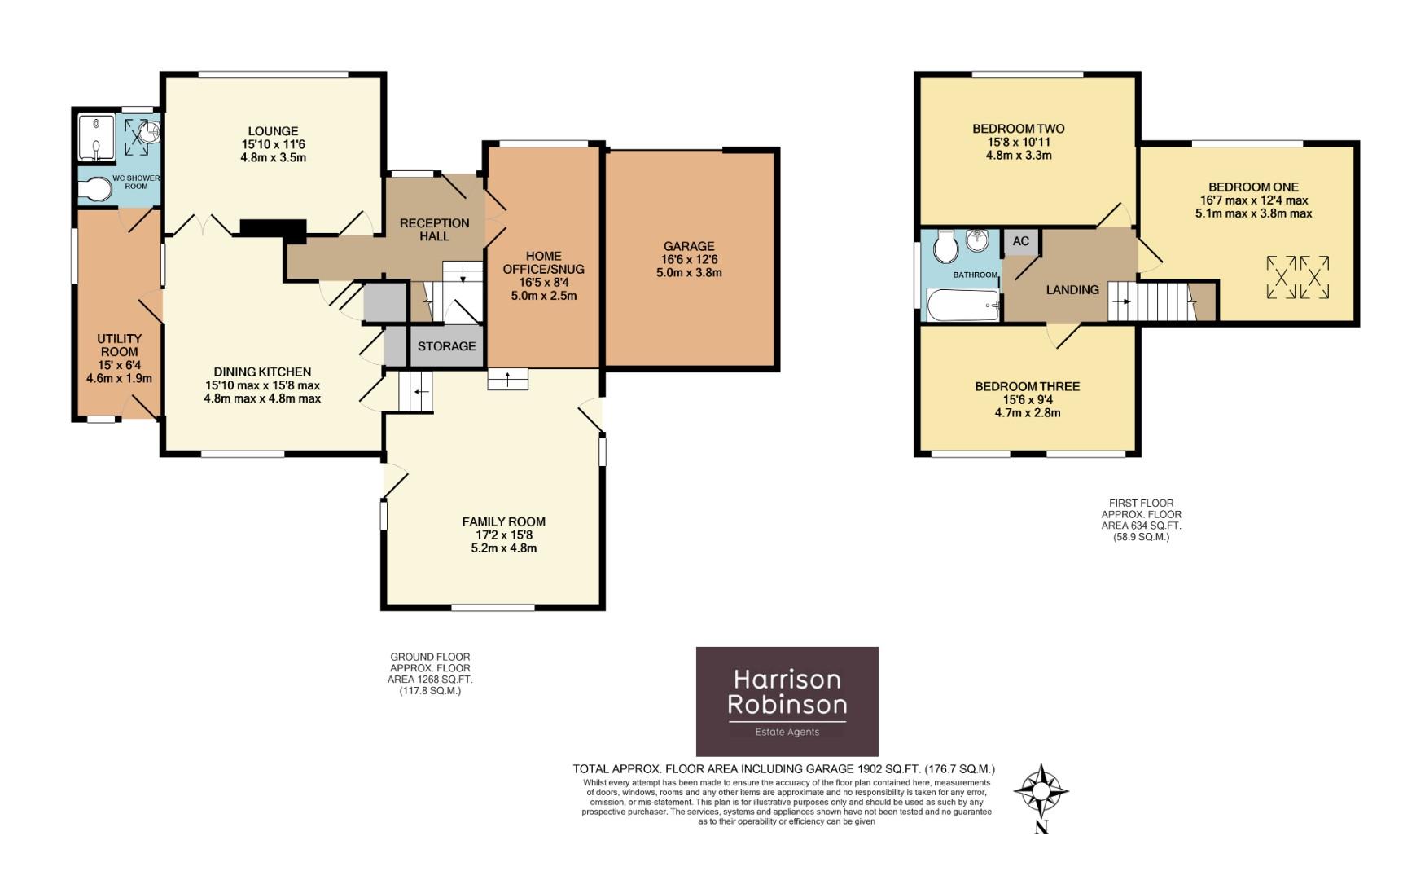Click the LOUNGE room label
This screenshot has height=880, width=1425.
click(x=273, y=131)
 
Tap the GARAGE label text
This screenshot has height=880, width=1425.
click(x=688, y=246)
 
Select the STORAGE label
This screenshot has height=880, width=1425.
click(x=446, y=346)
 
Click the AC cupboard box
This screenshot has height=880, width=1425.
click(x=1020, y=241)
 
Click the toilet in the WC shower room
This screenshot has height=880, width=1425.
click(x=96, y=190)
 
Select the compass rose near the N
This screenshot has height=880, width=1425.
click(x=1041, y=791)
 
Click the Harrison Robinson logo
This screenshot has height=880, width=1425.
click(x=787, y=701)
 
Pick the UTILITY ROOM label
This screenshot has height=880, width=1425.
click(x=119, y=345)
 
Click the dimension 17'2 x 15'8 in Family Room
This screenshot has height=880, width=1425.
click(x=503, y=535)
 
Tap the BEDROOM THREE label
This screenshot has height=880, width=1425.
click(x=1027, y=386)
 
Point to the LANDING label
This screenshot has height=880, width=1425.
click(x=1072, y=290)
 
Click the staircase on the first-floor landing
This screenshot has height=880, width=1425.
click(x=1150, y=301)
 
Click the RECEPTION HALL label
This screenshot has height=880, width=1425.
click(x=434, y=230)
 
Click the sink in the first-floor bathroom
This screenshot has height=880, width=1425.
click(x=978, y=240)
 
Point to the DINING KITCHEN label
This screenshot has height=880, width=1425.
click(x=257, y=372)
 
